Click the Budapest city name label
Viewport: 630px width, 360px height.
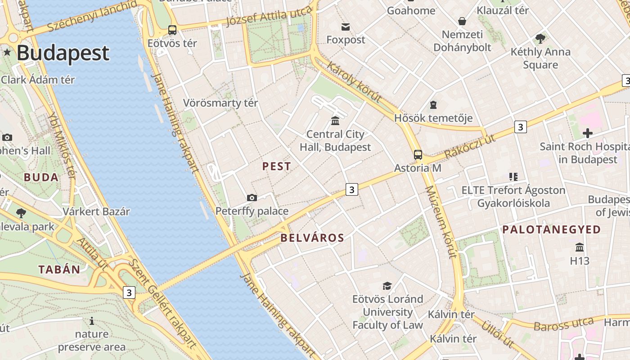coord(63,53)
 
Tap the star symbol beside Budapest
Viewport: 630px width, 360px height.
coord(7,53)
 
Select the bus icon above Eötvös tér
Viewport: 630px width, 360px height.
coord(172,30)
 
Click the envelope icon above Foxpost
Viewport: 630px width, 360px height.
coord(346,27)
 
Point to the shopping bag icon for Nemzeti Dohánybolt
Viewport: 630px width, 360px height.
coord(462,21)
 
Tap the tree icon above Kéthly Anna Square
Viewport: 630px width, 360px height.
coord(540,39)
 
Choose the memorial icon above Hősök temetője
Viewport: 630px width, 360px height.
coord(433,105)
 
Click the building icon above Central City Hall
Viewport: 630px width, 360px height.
coord(335,121)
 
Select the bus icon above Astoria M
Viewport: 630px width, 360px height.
coord(418,155)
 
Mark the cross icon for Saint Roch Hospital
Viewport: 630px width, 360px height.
coord(587,133)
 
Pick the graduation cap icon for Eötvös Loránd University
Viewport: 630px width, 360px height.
coord(387,286)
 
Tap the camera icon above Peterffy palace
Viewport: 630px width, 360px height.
coord(252,198)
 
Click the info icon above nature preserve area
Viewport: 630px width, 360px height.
coord(92,321)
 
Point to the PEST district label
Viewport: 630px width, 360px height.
coord(277,166)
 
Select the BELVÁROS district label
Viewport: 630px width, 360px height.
coord(312,238)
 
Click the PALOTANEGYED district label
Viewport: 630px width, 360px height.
coord(552,229)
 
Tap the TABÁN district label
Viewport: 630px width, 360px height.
coord(59,270)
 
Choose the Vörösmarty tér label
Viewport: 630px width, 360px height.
coord(220,103)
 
